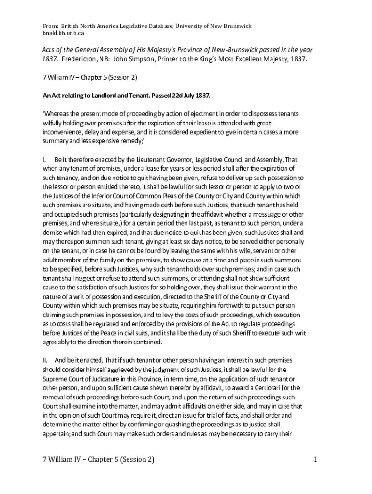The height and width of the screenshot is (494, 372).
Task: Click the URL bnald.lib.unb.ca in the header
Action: click(x=64, y=33)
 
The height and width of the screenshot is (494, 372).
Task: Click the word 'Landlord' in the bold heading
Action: click(x=102, y=96)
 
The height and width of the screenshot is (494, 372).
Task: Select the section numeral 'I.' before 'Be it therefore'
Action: click(x=45, y=159)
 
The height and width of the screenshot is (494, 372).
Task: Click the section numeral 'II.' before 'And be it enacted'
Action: click(x=46, y=360)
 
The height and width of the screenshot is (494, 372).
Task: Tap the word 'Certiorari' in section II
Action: click(x=282, y=387)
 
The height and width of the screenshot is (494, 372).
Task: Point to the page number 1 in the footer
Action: click(x=315, y=460)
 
